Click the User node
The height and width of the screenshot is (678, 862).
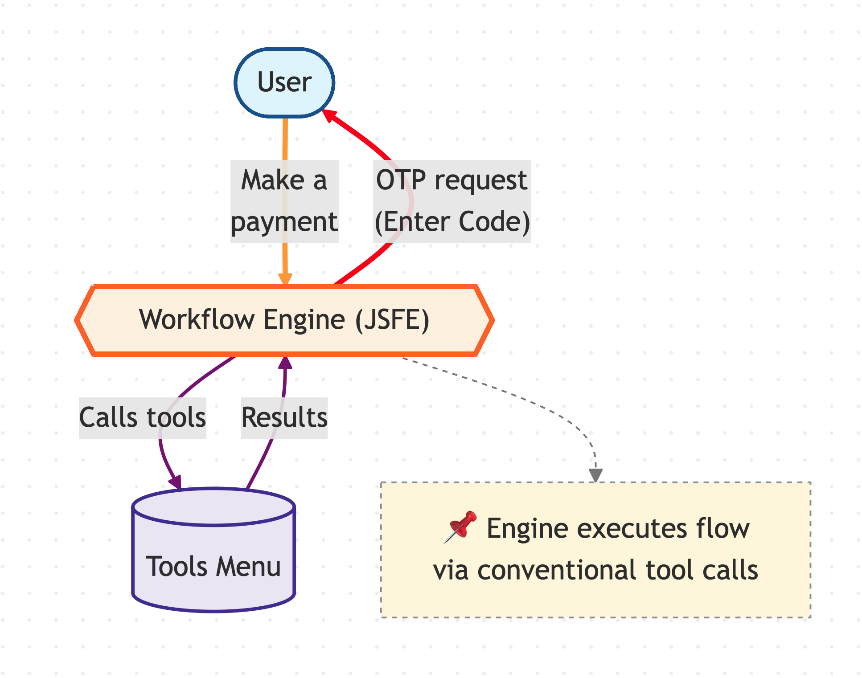[x=284, y=83]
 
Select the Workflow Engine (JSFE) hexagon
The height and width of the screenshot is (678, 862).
[x=284, y=320]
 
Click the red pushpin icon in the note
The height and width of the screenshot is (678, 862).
[x=461, y=526]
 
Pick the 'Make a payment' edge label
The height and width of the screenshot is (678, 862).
[x=284, y=201]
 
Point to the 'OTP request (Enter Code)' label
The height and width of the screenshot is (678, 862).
[x=452, y=201]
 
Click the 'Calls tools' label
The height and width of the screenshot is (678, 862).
[x=142, y=417]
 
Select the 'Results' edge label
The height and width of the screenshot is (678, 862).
[x=284, y=417]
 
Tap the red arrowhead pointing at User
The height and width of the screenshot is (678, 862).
[x=328, y=114]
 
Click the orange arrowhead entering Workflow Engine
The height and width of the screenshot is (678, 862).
[x=285, y=279]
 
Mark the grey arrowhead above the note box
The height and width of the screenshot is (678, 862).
[x=595, y=475]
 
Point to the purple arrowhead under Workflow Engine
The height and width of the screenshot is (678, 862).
[x=285, y=362]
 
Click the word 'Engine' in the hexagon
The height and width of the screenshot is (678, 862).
[x=304, y=320]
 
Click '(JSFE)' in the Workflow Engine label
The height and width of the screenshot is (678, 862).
[x=392, y=320]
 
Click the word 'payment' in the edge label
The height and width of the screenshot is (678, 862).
[x=284, y=222]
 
